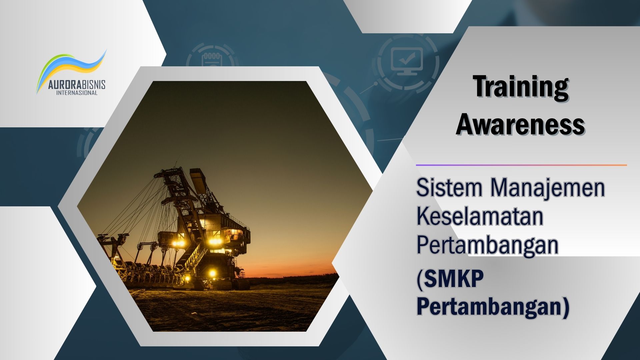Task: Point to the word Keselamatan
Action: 480,216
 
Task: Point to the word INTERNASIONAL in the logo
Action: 77,93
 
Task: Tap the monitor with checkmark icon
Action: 406,62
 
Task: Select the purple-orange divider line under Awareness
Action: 521,165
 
